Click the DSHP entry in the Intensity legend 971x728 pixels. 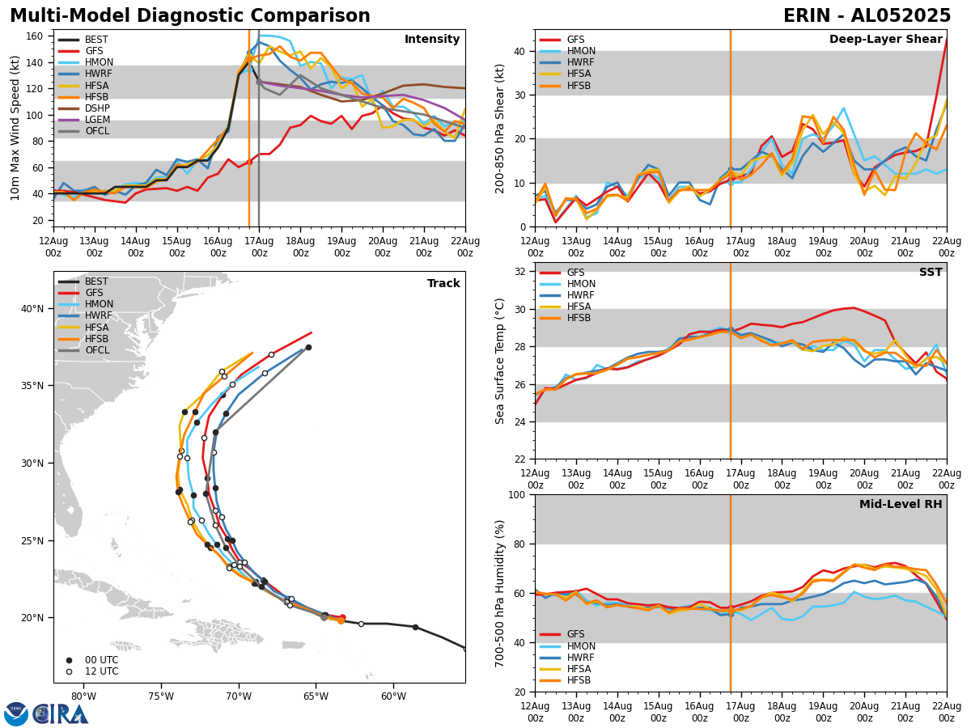pyautogui.click(x=97, y=108)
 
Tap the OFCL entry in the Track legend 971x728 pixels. pyautogui.click(x=97, y=350)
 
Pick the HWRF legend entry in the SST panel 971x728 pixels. pyautogui.click(x=581, y=295)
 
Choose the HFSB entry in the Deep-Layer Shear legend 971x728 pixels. pyautogui.click(x=579, y=86)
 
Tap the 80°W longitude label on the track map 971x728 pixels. pyautogui.click(x=83, y=696)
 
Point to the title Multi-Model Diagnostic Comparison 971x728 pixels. pyautogui.click(x=190, y=16)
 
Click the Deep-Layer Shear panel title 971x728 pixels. pyautogui.click(x=885, y=40)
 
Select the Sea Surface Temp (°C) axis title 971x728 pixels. pyautogui.click(x=501, y=361)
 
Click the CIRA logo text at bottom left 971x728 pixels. pyautogui.click(x=61, y=714)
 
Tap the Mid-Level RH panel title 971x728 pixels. pyautogui.click(x=901, y=505)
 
